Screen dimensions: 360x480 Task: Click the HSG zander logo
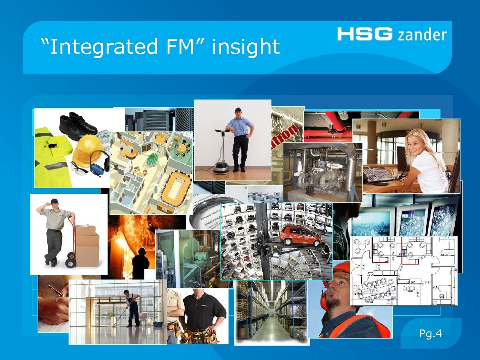click(x=391, y=34)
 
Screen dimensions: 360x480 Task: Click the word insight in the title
click(x=246, y=47)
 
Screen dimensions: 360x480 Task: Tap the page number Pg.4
click(x=430, y=333)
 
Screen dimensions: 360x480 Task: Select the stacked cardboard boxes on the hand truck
click(x=87, y=245)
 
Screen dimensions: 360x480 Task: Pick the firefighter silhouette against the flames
click(x=140, y=261)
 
